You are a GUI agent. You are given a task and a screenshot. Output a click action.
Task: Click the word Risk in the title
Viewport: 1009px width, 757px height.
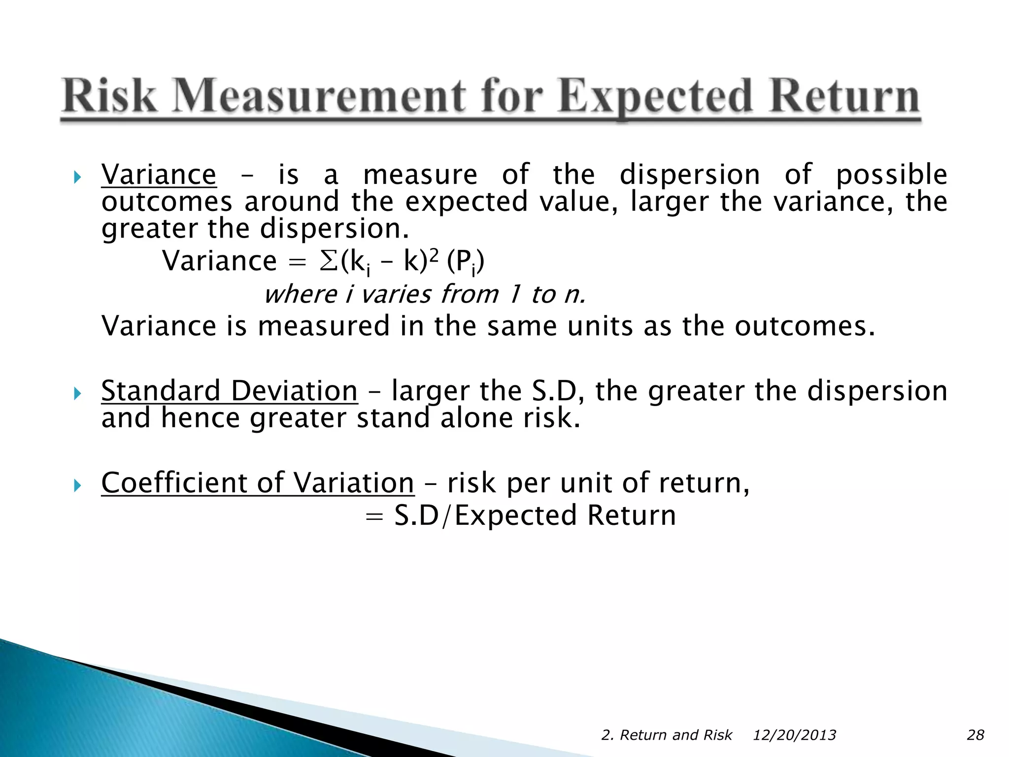(109, 97)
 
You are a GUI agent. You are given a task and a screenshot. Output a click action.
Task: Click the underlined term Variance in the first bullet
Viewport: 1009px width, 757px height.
(159, 175)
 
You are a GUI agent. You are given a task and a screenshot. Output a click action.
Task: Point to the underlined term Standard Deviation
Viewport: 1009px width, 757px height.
(229, 391)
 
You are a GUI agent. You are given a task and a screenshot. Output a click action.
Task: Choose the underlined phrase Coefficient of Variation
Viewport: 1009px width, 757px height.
(257, 482)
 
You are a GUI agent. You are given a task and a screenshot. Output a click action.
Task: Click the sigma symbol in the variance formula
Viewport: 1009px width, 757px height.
(328, 261)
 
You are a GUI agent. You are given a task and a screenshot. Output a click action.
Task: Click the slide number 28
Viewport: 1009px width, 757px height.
(975, 735)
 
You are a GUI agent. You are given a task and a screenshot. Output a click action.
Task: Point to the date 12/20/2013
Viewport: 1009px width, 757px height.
(794, 735)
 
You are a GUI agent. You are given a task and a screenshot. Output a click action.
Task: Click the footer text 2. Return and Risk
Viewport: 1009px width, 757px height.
(667, 735)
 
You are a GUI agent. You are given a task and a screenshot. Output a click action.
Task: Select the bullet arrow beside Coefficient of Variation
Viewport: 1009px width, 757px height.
(77, 485)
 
